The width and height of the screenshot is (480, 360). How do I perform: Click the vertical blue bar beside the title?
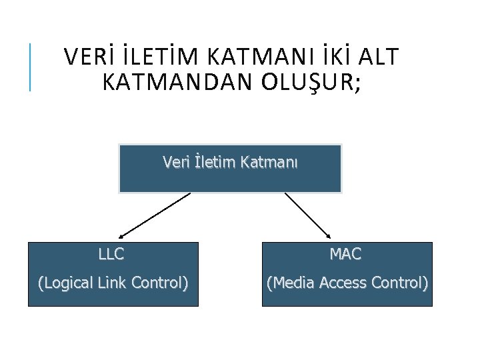(30, 67)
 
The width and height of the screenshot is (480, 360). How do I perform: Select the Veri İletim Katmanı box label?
(230, 162)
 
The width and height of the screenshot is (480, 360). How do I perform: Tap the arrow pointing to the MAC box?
(307, 215)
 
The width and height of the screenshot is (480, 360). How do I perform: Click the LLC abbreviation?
(111, 254)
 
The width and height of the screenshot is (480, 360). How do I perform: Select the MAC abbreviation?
(345, 254)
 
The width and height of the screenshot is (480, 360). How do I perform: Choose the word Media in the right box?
(291, 283)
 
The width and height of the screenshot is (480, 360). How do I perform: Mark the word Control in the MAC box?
(399, 283)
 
